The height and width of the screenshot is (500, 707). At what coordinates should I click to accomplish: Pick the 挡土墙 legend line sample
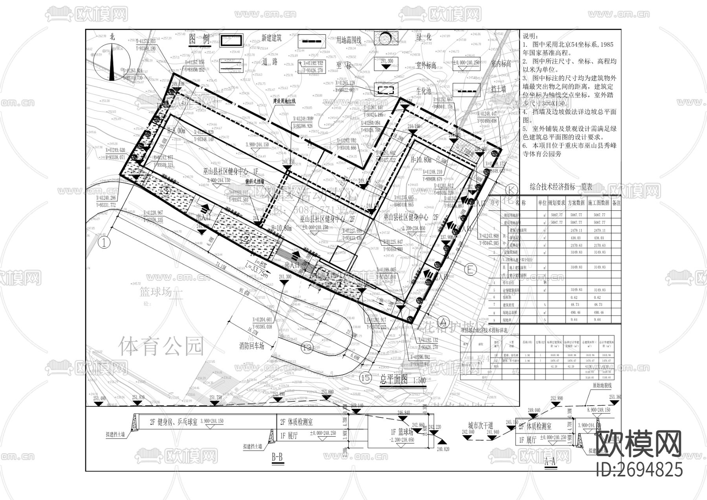tap(466, 90)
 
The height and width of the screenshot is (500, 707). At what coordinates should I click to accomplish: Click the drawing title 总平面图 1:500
tap(403, 381)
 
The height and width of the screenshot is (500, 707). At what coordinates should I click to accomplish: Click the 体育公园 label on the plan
tap(161, 346)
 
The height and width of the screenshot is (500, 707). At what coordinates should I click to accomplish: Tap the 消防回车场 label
tap(252, 346)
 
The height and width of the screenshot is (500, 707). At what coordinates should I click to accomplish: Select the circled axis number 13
tap(308, 347)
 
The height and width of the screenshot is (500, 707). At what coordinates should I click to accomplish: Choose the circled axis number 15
tap(365, 378)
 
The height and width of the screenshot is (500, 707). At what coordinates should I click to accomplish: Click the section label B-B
tap(277, 457)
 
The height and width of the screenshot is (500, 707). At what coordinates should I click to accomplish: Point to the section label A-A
tap(551, 461)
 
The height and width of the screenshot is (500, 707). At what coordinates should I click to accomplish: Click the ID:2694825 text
tap(639, 470)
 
